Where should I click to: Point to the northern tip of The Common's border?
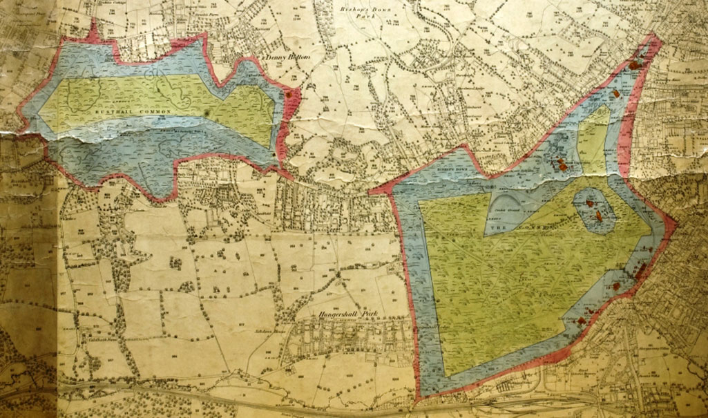[652, 39]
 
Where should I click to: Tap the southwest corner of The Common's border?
[418, 399]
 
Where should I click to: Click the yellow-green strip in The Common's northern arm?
[591, 138]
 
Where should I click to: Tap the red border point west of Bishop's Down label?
[372, 191]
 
